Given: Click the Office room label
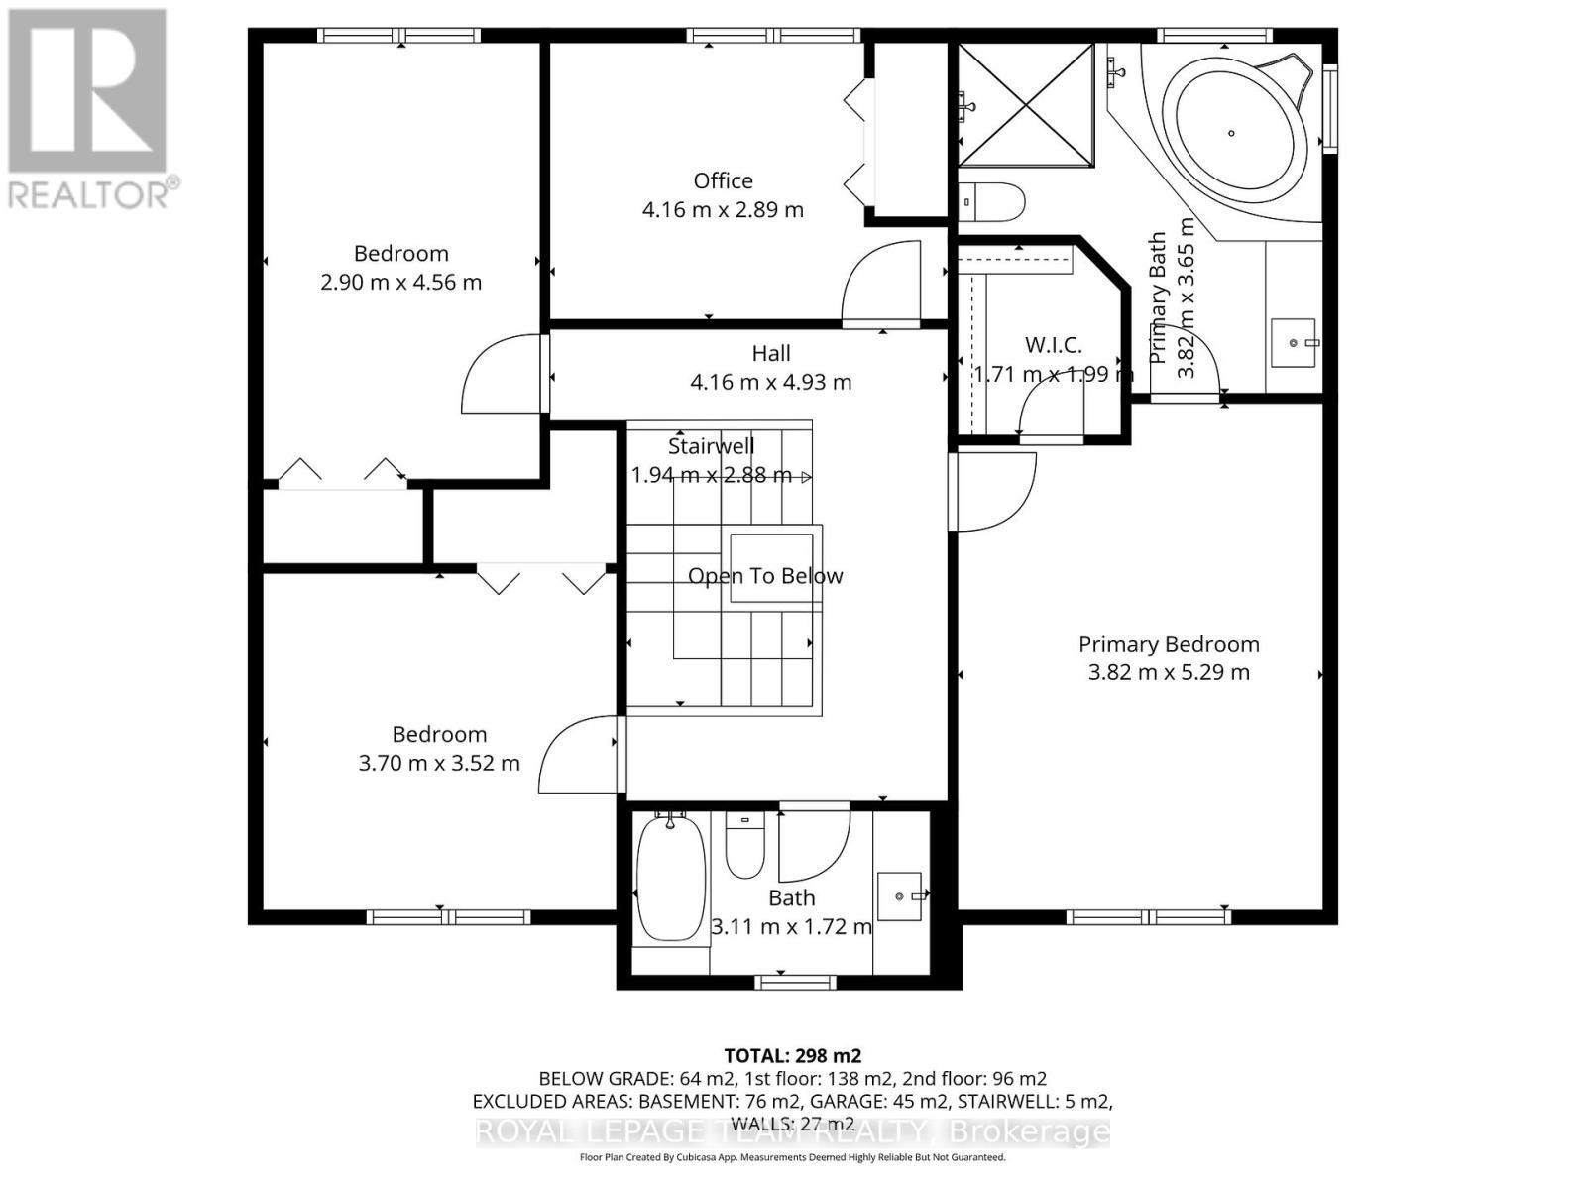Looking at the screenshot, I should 723,180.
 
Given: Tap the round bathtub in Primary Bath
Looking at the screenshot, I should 1232,132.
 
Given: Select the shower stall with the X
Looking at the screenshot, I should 1026,103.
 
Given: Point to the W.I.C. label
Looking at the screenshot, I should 1053,345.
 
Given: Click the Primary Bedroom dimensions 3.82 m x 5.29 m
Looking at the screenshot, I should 1169,672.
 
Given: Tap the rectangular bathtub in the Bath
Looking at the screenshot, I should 670,879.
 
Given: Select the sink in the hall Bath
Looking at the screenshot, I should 900,896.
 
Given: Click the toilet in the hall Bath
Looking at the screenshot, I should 745,846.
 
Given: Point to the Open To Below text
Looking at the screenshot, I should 764,576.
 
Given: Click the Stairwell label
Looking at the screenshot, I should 711,446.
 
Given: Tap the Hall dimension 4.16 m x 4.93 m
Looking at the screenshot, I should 770,382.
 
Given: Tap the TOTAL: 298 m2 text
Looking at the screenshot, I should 792,1055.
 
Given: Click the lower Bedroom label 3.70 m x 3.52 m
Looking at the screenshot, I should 438,763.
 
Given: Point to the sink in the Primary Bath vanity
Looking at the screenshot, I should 1294,343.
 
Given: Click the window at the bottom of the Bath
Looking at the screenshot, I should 795,983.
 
